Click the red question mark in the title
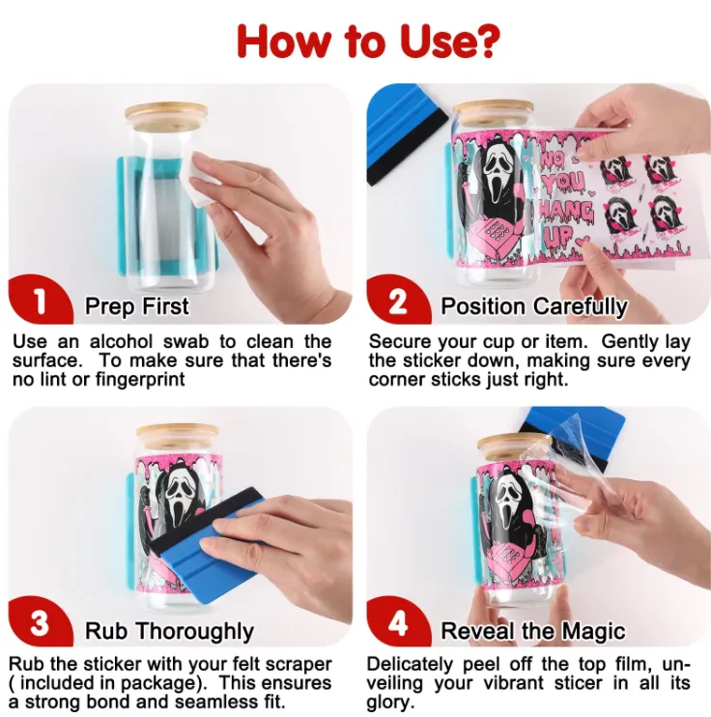point(482,41)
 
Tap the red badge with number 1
point(41,300)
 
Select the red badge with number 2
point(398,300)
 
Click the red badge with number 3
point(41,622)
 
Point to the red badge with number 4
point(398,622)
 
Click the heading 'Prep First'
point(137,306)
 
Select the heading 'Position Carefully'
point(533,306)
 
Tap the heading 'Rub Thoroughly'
point(169,632)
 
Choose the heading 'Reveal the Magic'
point(532,631)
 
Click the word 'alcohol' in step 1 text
point(121,341)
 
